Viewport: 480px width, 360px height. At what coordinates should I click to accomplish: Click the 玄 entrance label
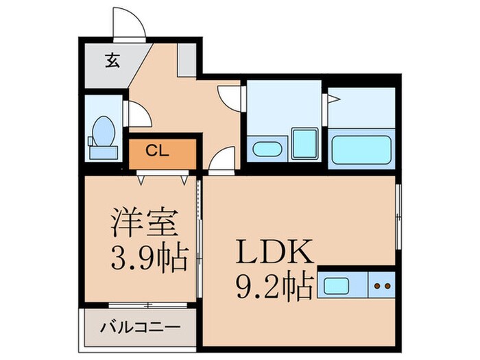(111, 60)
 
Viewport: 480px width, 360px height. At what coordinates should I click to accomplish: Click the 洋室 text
(146, 224)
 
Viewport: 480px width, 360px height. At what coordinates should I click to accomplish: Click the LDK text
(275, 254)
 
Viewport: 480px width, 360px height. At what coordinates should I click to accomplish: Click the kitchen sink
(338, 285)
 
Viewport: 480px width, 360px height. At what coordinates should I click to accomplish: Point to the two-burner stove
(383, 285)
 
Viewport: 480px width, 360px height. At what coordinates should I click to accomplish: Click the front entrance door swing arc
(130, 25)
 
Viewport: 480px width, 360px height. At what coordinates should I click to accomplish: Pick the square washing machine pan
(304, 142)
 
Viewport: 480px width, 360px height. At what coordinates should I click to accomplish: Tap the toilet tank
(92, 141)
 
